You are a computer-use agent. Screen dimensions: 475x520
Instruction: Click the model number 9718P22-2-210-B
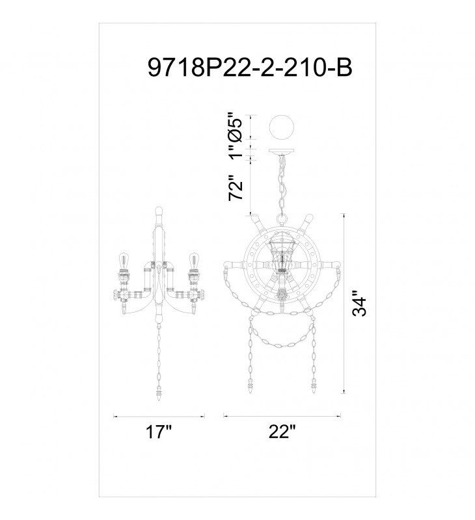click(250, 68)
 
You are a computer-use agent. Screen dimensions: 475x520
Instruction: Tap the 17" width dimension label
click(159, 432)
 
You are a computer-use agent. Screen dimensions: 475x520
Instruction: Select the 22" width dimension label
click(282, 432)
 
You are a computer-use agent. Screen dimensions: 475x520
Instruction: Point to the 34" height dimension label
click(359, 303)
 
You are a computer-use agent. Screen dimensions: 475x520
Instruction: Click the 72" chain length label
click(236, 187)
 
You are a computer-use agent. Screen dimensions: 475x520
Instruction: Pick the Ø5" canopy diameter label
click(236, 127)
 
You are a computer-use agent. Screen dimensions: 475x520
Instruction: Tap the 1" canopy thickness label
click(236, 152)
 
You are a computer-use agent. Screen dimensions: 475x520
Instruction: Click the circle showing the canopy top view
click(282, 127)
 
